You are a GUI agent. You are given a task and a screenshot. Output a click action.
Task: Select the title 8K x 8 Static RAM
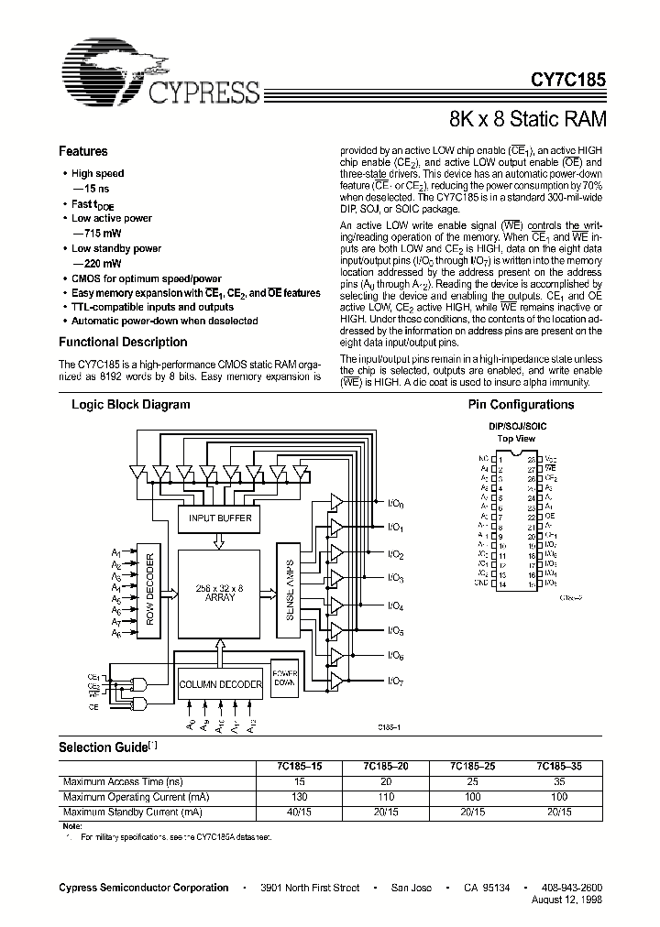click(527, 118)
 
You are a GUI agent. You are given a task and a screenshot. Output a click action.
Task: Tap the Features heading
click(83, 152)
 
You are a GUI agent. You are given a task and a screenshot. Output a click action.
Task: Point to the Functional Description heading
click(123, 343)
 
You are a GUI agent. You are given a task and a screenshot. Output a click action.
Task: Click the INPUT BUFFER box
click(219, 518)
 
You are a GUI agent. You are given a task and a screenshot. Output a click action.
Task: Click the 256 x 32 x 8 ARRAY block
click(221, 593)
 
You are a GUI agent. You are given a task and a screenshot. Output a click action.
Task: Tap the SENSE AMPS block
click(287, 593)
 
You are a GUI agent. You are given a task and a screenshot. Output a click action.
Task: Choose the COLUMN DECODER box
click(220, 684)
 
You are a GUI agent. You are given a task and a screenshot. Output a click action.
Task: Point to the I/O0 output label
click(395, 504)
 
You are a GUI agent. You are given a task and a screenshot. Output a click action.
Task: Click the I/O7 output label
click(395, 681)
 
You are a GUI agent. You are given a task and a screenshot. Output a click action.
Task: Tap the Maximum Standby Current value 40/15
click(296, 811)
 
